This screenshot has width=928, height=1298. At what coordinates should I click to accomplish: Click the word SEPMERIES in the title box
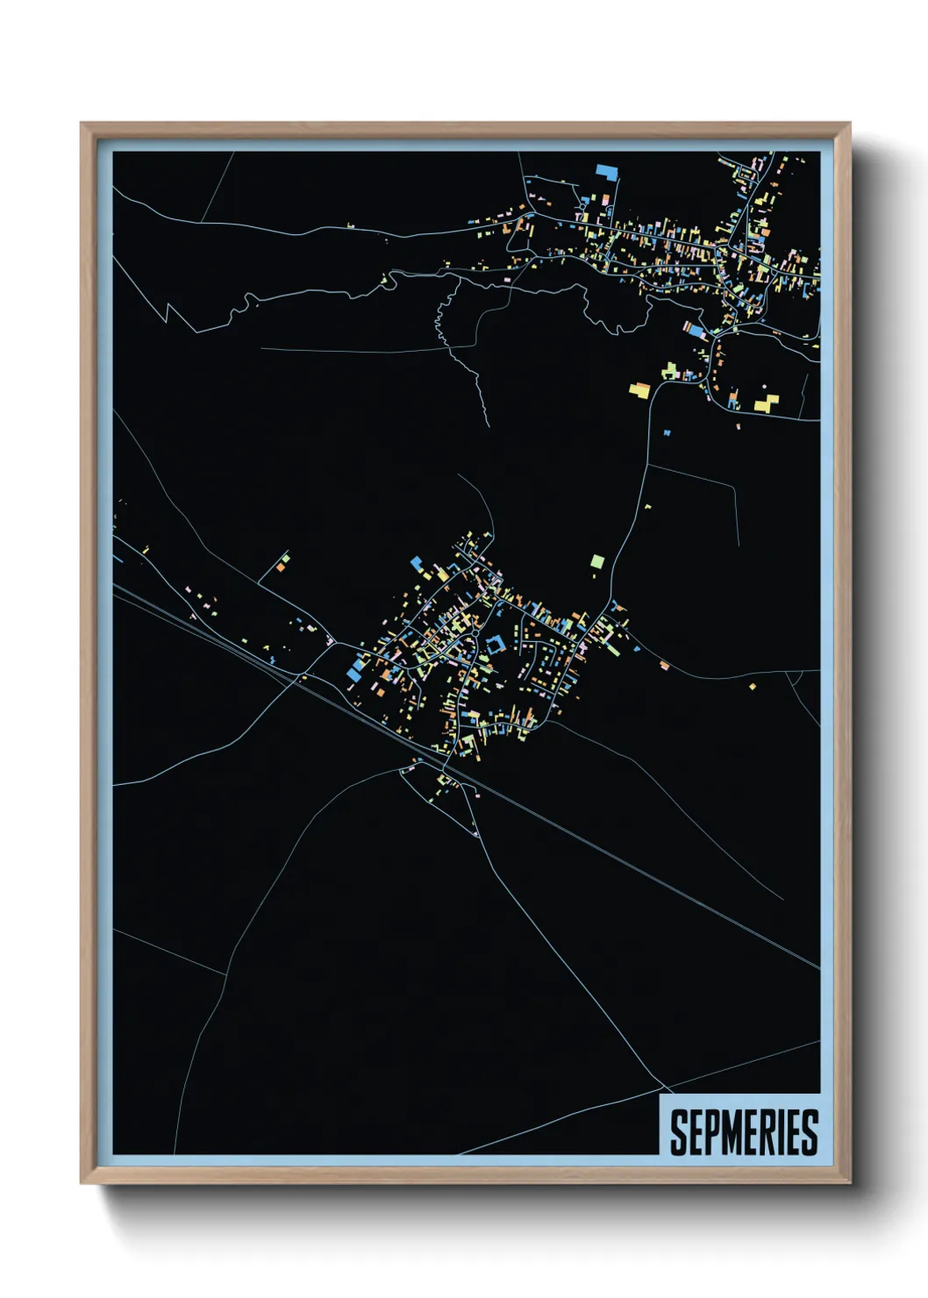point(744,1132)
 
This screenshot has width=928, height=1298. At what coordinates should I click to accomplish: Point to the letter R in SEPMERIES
point(774,1132)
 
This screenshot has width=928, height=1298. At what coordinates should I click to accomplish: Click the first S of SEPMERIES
point(679,1132)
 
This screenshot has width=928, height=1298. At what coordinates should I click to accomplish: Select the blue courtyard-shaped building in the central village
point(495,645)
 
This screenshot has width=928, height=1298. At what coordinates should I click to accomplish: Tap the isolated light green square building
point(597,560)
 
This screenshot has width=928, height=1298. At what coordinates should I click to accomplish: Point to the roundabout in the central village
point(475,633)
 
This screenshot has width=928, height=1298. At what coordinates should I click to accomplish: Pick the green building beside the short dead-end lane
point(285,557)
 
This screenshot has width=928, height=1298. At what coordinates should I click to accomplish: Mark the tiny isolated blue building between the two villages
point(667,432)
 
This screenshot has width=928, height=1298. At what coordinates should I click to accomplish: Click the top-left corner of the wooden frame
point(82,124)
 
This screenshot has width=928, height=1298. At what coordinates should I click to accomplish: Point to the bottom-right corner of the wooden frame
point(849,1182)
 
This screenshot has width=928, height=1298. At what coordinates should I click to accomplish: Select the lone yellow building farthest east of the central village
point(753,687)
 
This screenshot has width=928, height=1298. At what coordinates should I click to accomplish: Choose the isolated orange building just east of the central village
point(665,666)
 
